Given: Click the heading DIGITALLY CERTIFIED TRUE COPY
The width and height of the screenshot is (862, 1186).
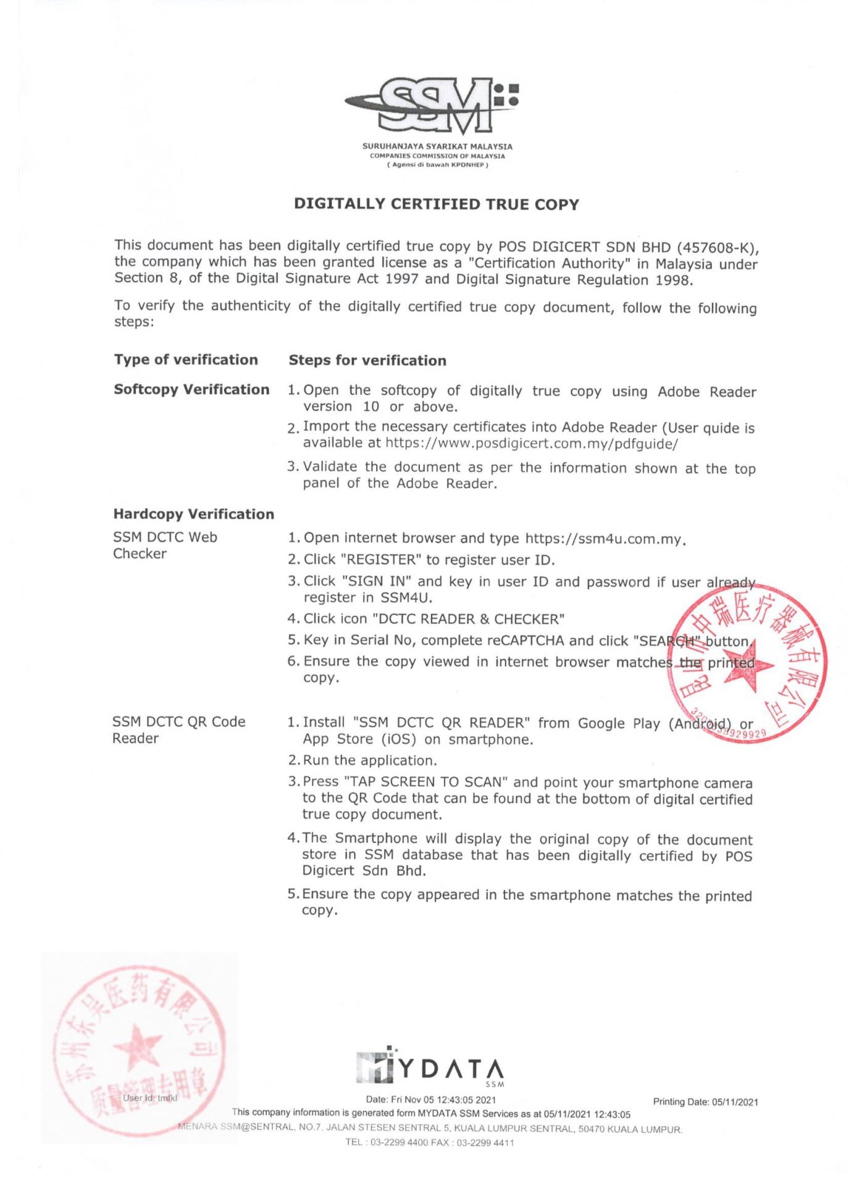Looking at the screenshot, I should pyautogui.click(x=437, y=204).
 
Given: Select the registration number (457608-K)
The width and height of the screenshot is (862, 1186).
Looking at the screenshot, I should pyautogui.click(x=718, y=248).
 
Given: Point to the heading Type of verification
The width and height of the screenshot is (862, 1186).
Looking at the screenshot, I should pyautogui.click(x=186, y=360).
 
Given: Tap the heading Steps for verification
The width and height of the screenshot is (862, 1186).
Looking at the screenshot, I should pyautogui.click(x=367, y=361).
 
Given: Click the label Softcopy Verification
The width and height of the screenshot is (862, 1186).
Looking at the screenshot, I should pyautogui.click(x=191, y=390).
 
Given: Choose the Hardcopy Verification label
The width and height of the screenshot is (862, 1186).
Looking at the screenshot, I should pyautogui.click(x=193, y=515).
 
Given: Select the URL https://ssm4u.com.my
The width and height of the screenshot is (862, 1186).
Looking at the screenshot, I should pyautogui.click(x=605, y=539).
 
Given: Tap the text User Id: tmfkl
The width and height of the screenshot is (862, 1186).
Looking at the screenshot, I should pyautogui.click(x=150, y=1098).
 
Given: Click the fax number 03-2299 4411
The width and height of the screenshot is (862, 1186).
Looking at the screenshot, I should pyautogui.click(x=492, y=1143).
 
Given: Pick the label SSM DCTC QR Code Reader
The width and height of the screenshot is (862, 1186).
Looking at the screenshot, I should pyautogui.click(x=178, y=730).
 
